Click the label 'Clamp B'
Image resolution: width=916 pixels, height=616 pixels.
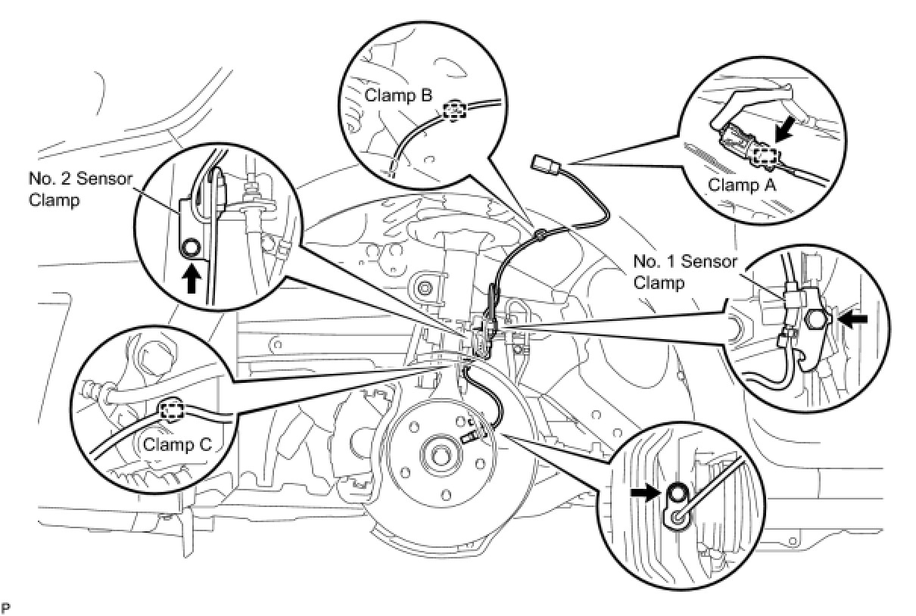point(398,96)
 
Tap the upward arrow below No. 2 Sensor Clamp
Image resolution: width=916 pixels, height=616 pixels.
point(192,279)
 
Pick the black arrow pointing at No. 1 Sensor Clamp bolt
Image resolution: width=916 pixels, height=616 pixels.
point(850,320)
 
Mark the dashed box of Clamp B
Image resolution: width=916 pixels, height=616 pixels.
point(453,111)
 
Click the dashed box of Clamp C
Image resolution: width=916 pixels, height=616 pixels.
point(173,411)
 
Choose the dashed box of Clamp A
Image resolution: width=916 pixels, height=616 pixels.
point(766,157)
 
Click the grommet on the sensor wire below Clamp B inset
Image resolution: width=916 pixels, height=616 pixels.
point(541,237)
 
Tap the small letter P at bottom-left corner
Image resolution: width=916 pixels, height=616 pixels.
point(6,607)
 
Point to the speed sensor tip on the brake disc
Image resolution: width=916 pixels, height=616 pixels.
point(468,437)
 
